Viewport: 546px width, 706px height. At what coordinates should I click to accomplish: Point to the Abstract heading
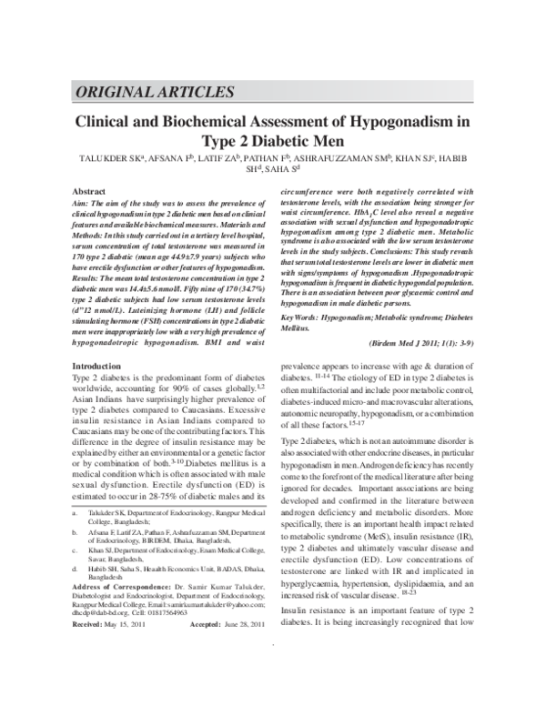pos(88,192)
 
